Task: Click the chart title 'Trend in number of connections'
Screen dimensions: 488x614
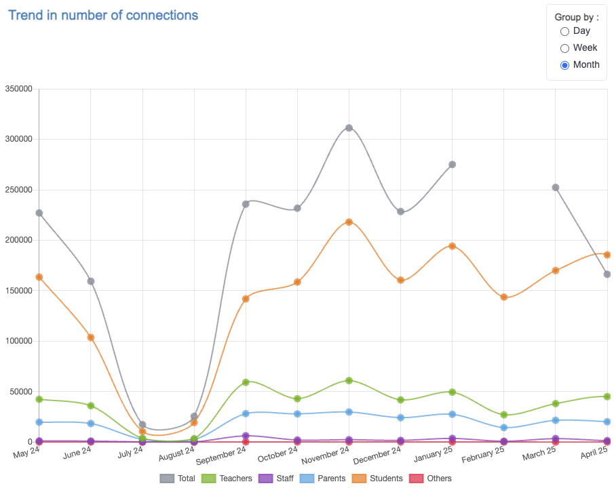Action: [103, 15]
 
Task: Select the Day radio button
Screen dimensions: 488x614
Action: [564, 31]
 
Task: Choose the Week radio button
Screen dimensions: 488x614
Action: [564, 48]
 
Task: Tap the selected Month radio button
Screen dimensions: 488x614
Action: [564, 65]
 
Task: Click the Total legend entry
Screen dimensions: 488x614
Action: [178, 479]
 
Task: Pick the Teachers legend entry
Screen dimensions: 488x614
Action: [227, 479]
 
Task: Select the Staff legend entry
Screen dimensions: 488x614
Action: [275, 479]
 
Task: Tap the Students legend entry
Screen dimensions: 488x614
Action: [378, 479]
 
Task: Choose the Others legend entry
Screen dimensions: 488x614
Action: [430, 479]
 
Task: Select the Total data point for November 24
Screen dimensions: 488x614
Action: [349, 127]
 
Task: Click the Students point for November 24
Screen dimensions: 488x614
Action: [349, 222]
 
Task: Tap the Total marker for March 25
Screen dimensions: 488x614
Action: [556, 187]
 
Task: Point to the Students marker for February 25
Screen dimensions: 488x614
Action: [503, 297]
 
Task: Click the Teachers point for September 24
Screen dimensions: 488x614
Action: [246, 382]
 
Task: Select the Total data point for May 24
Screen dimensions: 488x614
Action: [39, 213]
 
